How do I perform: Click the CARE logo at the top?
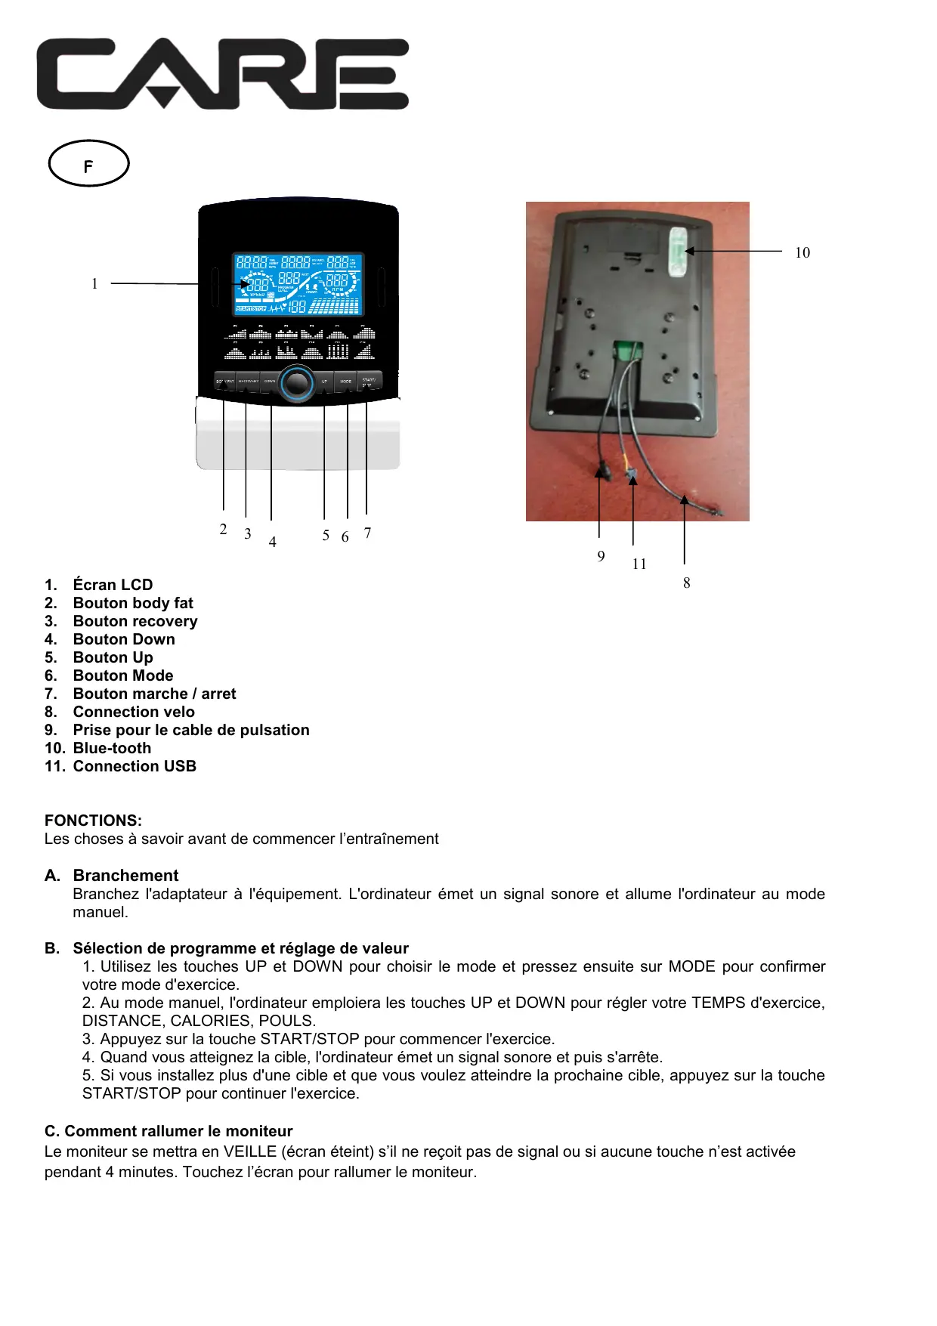pyautogui.click(x=223, y=74)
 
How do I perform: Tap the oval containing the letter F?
pyautogui.click(x=88, y=163)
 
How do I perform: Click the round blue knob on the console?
pyautogui.click(x=297, y=383)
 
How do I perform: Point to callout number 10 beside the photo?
pyautogui.click(x=802, y=253)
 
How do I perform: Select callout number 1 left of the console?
pyautogui.click(x=94, y=284)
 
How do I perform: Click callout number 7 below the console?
pyautogui.click(x=367, y=533)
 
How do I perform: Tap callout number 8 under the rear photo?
pyautogui.click(x=686, y=583)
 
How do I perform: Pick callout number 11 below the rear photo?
pyautogui.click(x=639, y=564)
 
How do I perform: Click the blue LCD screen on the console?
pyautogui.click(x=298, y=283)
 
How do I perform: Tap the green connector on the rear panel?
pyautogui.click(x=627, y=350)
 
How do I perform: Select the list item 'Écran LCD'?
pyautogui.click(x=113, y=585)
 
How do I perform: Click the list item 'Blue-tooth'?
pyautogui.click(x=112, y=748)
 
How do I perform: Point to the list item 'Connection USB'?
pyautogui.click(x=135, y=766)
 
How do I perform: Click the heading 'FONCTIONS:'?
pyautogui.click(x=93, y=821)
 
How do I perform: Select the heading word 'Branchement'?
pyautogui.click(x=125, y=876)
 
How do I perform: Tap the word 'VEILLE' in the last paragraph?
pyautogui.click(x=249, y=1151)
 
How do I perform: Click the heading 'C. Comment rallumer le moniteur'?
pyautogui.click(x=169, y=1131)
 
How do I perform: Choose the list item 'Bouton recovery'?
pyautogui.click(x=135, y=621)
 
